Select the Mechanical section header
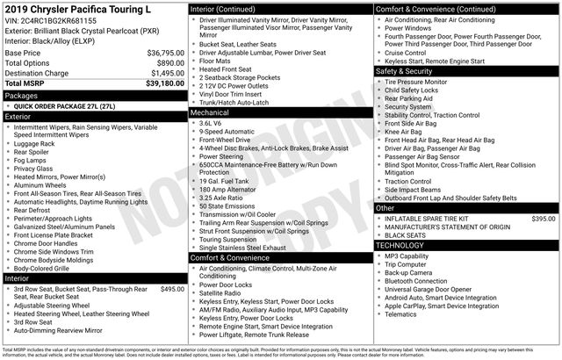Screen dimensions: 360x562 click(210, 113)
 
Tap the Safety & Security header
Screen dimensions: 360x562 click(407, 71)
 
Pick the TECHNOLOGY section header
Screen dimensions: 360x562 click(400, 245)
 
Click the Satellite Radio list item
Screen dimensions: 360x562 click(226, 294)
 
